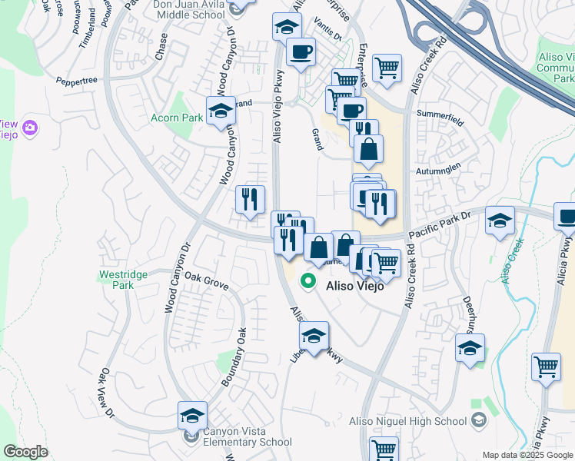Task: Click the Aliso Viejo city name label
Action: point(355,284)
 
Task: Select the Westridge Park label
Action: point(116,279)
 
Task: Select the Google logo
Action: point(25,452)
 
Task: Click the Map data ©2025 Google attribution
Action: point(527,455)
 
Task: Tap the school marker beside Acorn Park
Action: point(221,111)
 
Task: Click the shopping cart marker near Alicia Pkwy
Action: point(546,366)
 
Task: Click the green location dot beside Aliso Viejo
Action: point(309,281)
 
